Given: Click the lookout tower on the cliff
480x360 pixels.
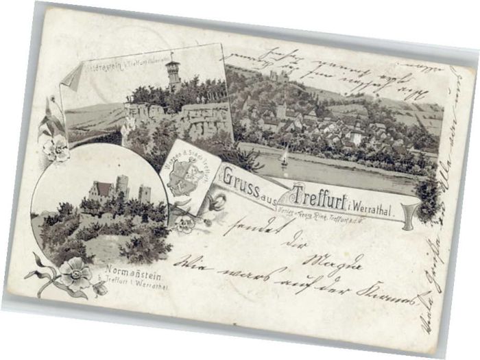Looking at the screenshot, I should pos(173,71).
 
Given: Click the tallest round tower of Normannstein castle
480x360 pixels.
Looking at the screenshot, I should pos(122,185).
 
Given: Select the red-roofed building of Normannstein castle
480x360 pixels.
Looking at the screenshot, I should pos(102,189).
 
